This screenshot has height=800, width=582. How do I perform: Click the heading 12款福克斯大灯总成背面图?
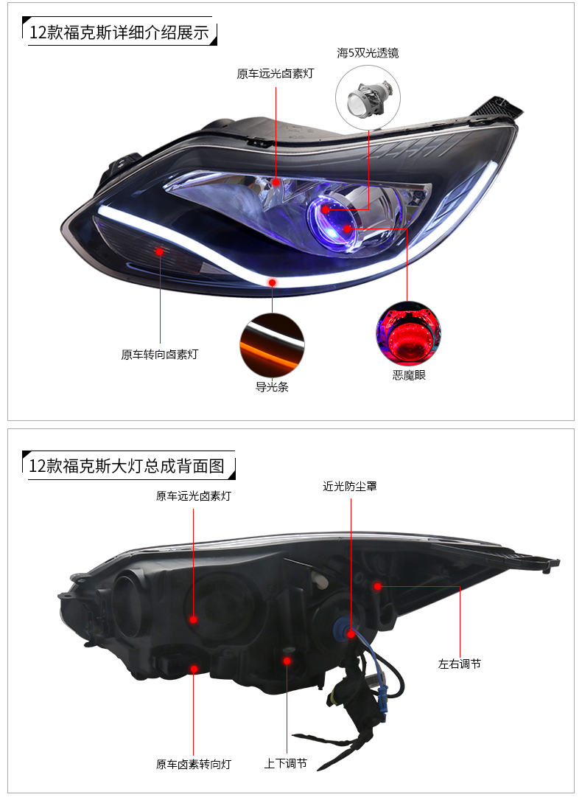pos(125,466)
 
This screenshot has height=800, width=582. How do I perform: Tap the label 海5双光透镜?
pos(368,53)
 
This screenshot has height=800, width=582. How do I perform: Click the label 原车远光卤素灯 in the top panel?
pos(276,74)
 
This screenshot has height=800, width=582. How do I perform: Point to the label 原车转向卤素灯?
pos(160,354)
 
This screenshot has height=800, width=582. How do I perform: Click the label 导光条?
pos(272,386)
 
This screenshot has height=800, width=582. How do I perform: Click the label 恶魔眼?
pos(409,375)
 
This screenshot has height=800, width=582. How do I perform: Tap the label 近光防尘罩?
pos(350,487)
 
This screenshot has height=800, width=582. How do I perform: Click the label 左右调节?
pos(460,664)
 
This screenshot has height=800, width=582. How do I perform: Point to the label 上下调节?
pos(286,764)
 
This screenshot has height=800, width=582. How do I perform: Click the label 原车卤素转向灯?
pos(194,764)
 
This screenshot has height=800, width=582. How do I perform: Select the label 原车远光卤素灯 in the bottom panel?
pos(194,496)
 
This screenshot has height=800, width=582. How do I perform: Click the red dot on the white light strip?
pos(273,282)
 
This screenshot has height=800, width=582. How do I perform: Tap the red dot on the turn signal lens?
pos(160,251)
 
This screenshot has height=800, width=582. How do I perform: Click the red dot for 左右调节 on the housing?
pos(377,586)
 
